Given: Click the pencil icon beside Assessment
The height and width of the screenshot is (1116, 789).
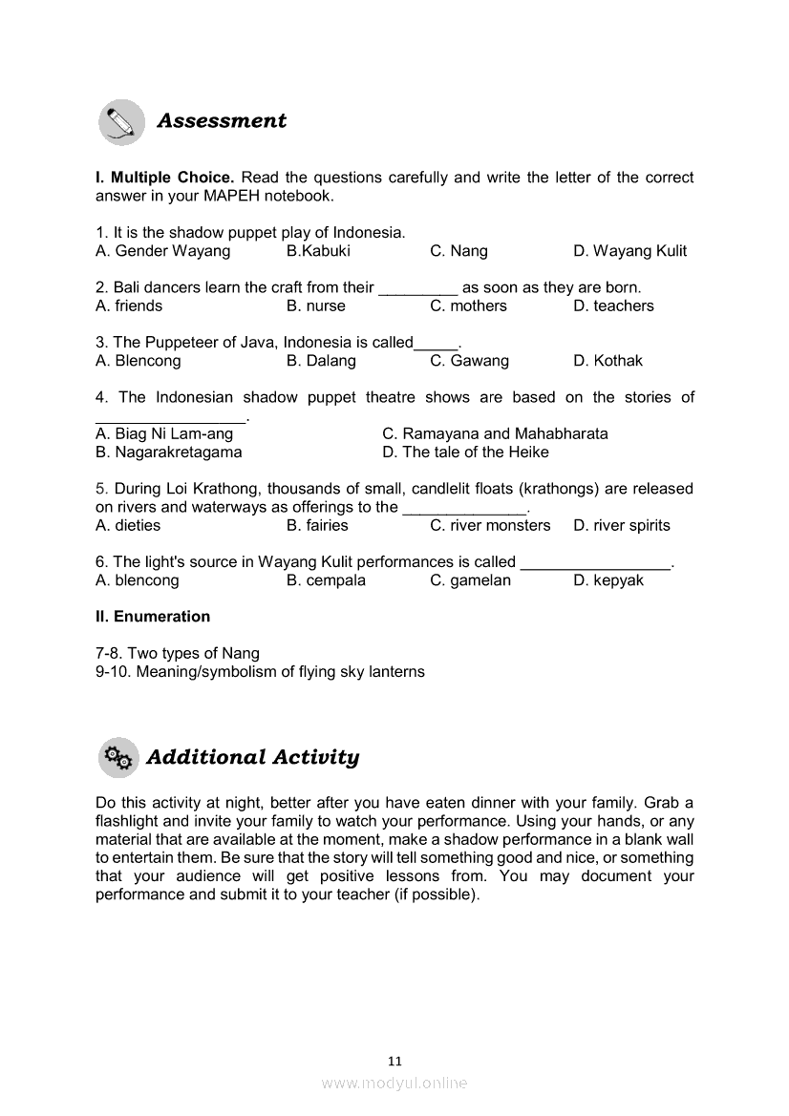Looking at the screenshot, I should click(121, 122).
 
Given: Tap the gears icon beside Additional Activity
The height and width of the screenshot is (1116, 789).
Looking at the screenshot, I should click(118, 758).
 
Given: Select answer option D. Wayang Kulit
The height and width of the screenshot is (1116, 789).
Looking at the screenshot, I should click(629, 251).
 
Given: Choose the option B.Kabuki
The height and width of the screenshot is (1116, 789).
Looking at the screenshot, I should click(318, 251).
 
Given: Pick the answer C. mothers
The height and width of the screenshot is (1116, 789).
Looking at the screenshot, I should click(468, 306).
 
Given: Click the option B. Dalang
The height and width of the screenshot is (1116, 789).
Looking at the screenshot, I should click(321, 361).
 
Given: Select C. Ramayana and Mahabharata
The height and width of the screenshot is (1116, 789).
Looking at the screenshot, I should click(495, 433).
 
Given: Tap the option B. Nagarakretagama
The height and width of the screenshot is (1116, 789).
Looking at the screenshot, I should click(169, 453).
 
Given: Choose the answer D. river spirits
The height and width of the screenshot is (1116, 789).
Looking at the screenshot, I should click(622, 526).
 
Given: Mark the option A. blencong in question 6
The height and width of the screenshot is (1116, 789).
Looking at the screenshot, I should click(138, 580).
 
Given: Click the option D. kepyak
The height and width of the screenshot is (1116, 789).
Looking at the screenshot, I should click(608, 580).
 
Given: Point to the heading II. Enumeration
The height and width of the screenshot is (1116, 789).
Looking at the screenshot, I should click(153, 617).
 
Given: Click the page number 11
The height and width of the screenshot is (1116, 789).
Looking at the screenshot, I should click(395, 1061).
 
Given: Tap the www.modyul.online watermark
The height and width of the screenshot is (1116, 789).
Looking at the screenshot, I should click(394, 1083).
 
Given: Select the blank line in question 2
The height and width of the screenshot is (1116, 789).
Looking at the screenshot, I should click(417, 288).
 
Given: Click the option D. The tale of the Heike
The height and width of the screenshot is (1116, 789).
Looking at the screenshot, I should click(465, 453).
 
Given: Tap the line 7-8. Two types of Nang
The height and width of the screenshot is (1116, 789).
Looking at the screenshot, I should click(178, 654).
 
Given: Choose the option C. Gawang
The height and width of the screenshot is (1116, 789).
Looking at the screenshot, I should click(469, 361).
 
